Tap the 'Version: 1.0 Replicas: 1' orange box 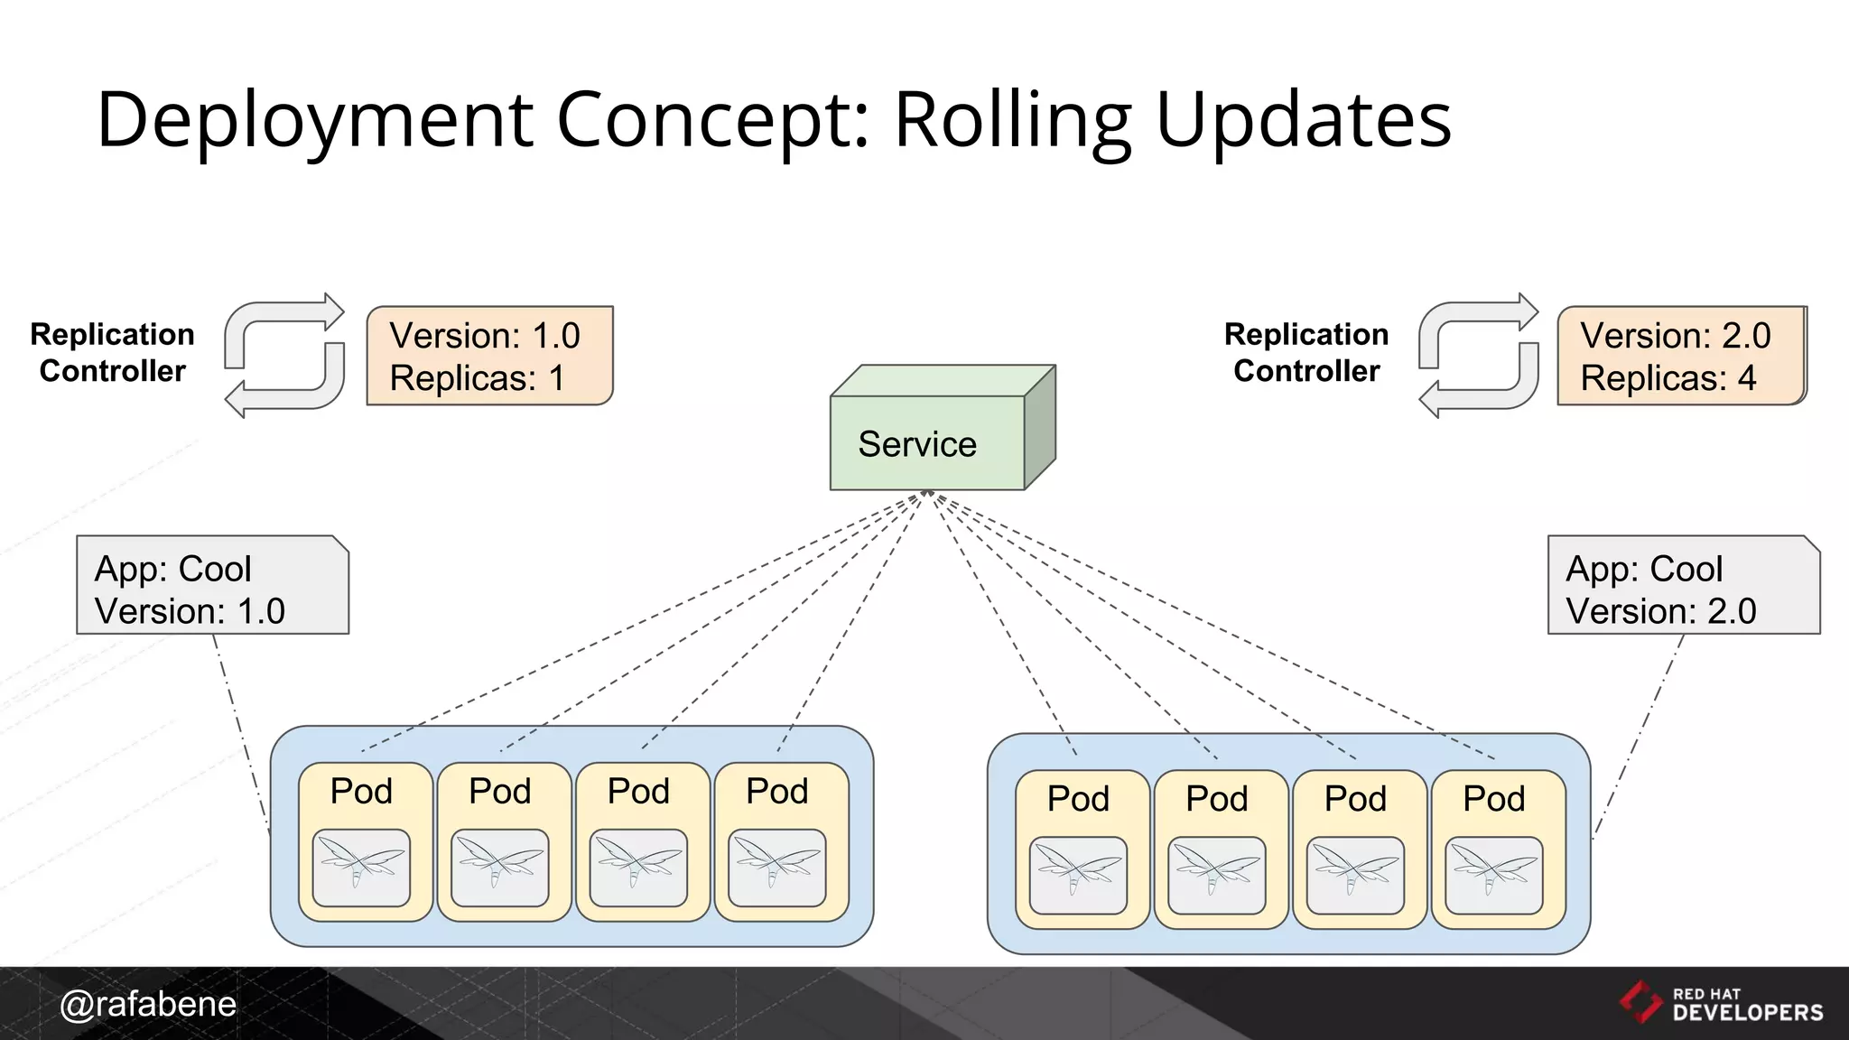(489, 356)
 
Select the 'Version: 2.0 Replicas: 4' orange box (1680, 356)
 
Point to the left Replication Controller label (112, 352)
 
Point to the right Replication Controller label (1306, 352)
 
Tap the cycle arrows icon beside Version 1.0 (284, 356)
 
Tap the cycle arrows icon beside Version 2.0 (1478, 356)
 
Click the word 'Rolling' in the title (1012, 120)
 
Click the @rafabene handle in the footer (148, 1004)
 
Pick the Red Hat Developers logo (1721, 1003)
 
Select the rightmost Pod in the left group (781, 841)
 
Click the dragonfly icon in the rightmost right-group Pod (1493, 875)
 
